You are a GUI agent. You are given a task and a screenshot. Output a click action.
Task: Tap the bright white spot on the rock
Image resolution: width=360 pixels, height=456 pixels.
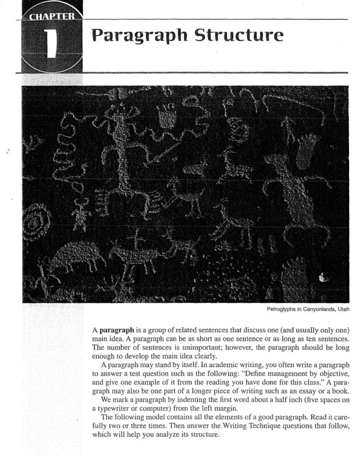(325, 278)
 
